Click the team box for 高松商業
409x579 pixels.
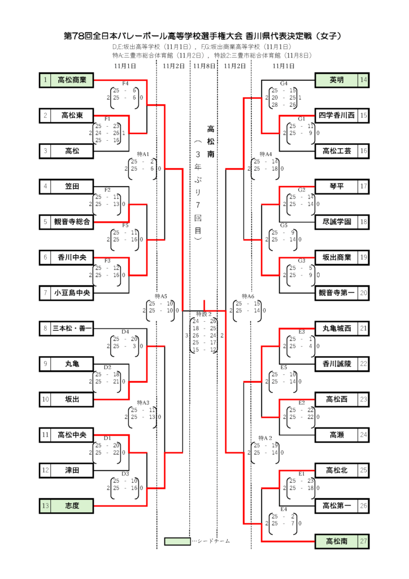pyautogui.click(x=72, y=80)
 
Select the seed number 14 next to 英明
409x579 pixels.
pyautogui.click(x=363, y=80)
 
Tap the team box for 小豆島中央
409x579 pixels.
pyautogui.click(x=72, y=293)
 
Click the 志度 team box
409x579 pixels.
pyautogui.click(x=72, y=505)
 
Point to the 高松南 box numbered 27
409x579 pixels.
pyautogui.click(x=337, y=541)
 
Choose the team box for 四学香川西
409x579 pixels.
pyautogui.click(x=337, y=115)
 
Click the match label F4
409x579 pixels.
pyautogui.click(x=125, y=84)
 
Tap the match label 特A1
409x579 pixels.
pyautogui.click(x=143, y=154)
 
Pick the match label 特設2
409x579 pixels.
pyautogui.click(x=204, y=314)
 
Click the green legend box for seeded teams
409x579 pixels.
pyautogui.click(x=177, y=541)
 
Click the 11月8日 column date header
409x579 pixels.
pyautogui.click(x=204, y=66)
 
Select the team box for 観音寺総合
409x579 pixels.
pyautogui.click(x=72, y=222)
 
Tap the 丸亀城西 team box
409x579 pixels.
pyautogui.click(x=337, y=328)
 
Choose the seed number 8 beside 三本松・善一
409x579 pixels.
pyautogui.click(x=45, y=328)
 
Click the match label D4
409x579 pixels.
pyautogui.click(x=125, y=331)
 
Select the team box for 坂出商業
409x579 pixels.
pyautogui.click(x=337, y=257)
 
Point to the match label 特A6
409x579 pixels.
pyautogui.click(x=248, y=296)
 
